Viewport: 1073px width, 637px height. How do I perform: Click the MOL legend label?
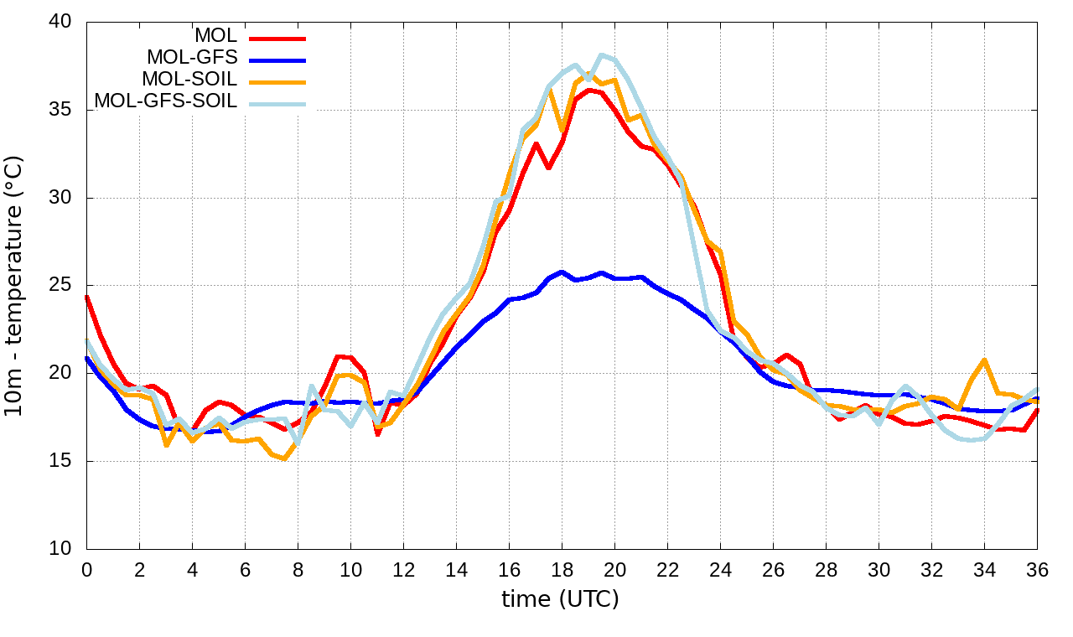[216, 36]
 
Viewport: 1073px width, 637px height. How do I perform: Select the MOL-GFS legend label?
[192, 58]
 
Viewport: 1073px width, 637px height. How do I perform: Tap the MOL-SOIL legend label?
[189, 80]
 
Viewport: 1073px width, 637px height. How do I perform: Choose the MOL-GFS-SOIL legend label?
[166, 101]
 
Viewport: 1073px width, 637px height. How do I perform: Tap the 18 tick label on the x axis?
[562, 569]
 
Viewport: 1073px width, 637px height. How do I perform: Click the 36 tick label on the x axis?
[1037, 569]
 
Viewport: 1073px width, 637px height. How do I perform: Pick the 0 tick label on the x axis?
[86, 569]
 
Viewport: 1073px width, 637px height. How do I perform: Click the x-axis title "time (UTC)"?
[560, 599]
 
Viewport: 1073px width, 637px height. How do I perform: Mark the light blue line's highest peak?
[601, 54]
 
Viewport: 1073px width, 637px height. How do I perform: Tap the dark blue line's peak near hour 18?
[562, 272]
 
